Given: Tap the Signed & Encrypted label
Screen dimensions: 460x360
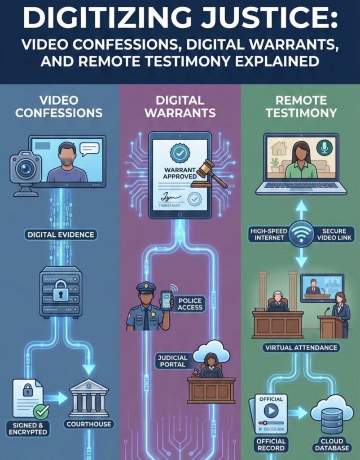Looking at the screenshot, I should click(x=28, y=428).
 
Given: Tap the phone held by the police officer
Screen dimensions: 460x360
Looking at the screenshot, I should click(x=166, y=300).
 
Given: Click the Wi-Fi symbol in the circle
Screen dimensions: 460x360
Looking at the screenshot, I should click(x=301, y=234).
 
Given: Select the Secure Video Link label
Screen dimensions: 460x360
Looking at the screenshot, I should click(x=333, y=234).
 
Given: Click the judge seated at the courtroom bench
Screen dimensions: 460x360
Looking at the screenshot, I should click(x=278, y=301).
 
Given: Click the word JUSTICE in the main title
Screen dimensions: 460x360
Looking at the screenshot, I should click(x=259, y=20).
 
